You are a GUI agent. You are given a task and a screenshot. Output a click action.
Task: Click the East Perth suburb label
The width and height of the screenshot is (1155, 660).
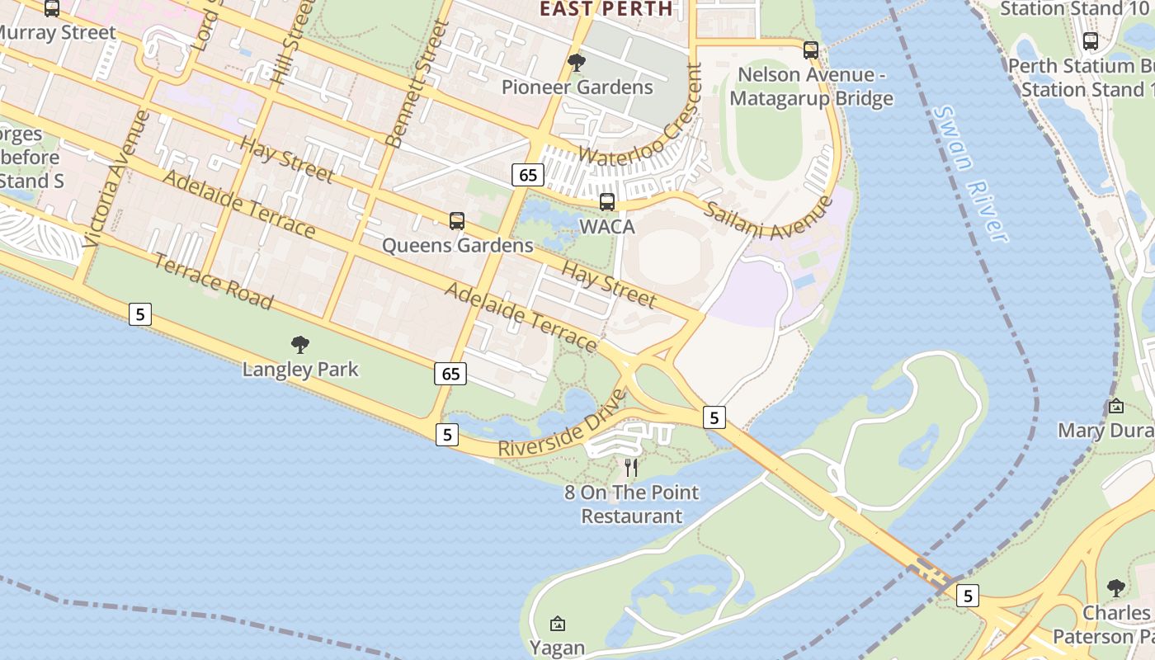tap(606, 9)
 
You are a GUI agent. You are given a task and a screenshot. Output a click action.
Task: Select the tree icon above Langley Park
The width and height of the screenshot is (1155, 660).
tap(300, 345)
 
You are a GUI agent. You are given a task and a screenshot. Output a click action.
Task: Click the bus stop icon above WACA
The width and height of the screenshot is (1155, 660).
tap(607, 202)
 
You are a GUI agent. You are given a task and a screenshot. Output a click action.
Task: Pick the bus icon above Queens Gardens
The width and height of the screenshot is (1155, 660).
tap(457, 221)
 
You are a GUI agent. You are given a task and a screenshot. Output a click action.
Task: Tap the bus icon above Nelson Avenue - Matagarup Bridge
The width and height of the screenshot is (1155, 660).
tap(811, 50)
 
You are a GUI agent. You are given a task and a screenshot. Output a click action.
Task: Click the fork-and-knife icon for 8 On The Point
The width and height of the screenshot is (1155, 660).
tap(631, 468)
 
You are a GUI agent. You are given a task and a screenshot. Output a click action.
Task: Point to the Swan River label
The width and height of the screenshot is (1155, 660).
tap(973, 174)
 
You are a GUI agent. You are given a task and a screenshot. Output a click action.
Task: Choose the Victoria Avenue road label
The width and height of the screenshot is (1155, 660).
tap(117, 179)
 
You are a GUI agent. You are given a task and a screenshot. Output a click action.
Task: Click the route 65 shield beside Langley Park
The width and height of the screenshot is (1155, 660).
tap(450, 374)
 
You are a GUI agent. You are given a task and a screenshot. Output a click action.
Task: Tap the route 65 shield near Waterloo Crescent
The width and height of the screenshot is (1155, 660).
tap(528, 175)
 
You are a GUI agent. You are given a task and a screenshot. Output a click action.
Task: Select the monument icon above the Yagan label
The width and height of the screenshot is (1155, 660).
tap(558, 624)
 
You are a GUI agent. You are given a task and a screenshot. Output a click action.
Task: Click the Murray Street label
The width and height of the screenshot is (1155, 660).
tap(58, 33)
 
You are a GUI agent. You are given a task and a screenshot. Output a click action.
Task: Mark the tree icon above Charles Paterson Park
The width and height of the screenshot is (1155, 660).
tap(1116, 588)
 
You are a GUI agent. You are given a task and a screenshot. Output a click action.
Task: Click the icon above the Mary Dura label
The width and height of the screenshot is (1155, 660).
tap(1116, 406)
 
